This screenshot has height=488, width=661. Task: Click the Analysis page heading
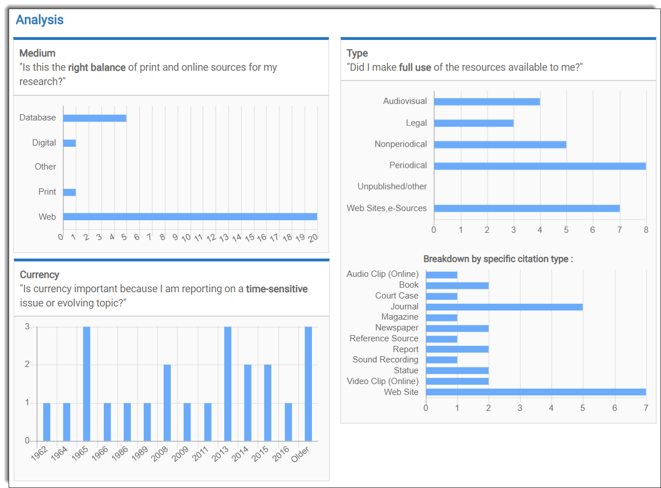coord(39,20)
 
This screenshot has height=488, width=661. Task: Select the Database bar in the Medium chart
coord(94,118)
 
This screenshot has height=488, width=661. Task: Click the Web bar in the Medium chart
coord(190,217)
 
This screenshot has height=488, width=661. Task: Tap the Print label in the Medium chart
coord(47,192)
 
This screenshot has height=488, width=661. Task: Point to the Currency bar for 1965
coord(87,384)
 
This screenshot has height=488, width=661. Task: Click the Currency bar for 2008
coord(167,402)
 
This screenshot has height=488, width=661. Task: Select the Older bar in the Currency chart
coord(308,384)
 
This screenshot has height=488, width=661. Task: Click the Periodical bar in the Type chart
coord(540,166)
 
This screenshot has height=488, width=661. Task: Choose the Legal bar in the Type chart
coord(473,123)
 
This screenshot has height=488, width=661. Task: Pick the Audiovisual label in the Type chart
coord(405,101)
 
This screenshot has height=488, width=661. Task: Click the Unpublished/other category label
coord(392,187)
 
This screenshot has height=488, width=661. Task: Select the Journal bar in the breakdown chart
coord(504,306)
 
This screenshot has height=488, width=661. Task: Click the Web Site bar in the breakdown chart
coord(536,392)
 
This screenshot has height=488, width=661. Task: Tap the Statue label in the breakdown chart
coord(406,370)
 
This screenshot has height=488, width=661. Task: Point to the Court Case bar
coord(441,296)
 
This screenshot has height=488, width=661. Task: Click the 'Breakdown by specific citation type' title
coord(498,259)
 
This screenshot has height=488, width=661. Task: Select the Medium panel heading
coord(38,53)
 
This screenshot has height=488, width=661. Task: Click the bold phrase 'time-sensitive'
coord(277,289)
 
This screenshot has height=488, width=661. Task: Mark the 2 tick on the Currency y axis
coord(27,365)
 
